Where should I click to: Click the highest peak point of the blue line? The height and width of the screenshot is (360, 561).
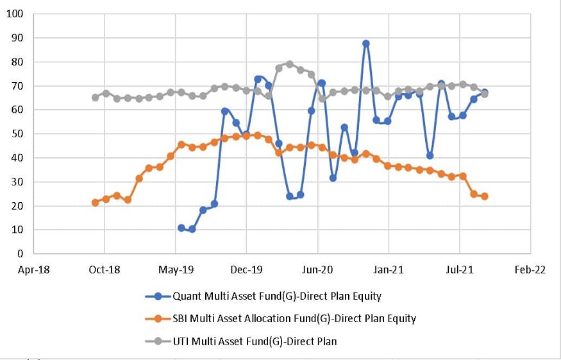tap(365, 44)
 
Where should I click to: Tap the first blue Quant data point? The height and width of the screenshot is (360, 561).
tap(181, 228)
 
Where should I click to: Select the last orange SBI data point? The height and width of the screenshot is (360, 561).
tap(485, 196)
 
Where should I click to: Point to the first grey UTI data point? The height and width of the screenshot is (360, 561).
tap(95, 98)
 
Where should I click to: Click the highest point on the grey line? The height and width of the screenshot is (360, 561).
tap(290, 64)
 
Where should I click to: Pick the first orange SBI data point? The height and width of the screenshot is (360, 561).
tap(95, 202)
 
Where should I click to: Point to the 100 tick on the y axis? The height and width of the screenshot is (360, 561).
tap(14, 14)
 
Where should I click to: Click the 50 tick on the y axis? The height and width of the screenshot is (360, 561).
tap(17, 134)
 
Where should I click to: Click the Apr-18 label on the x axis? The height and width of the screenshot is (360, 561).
tap(33, 270)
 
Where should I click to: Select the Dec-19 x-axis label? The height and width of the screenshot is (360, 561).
tap(247, 270)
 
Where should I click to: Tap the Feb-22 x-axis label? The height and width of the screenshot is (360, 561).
tap(530, 270)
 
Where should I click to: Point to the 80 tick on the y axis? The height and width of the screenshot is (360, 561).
tap(17, 62)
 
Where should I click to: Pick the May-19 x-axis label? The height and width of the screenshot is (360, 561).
tap(176, 270)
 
